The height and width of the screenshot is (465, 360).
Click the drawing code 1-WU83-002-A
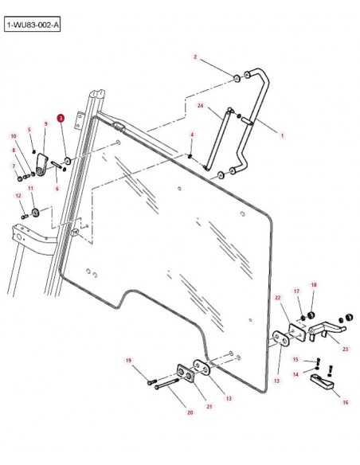(x=33, y=25)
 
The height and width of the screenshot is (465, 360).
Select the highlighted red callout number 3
(x=61, y=119)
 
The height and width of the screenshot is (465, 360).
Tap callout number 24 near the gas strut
(x=201, y=106)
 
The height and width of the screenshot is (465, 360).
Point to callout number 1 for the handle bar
(x=282, y=135)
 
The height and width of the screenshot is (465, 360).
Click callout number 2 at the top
(x=195, y=57)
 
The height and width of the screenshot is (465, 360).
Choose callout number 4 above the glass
(x=192, y=135)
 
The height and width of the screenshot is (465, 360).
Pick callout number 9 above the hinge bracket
(x=45, y=123)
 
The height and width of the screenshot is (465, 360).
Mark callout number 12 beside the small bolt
(x=18, y=196)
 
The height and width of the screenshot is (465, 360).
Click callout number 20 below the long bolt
(x=190, y=412)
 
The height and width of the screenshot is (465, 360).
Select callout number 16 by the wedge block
(x=346, y=402)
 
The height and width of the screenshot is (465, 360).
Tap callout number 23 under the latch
(x=346, y=349)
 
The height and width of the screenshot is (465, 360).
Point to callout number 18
(x=314, y=285)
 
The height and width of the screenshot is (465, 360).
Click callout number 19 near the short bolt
(x=128, y=361)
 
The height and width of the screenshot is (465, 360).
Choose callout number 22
(x=277, y=298)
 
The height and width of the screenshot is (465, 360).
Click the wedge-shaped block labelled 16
(x=322, y=382)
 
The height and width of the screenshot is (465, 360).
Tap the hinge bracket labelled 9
(x=41, y=165)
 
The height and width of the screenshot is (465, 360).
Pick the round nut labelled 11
(x=36, y=213)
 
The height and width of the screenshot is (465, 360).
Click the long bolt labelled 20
(x=166, y=383)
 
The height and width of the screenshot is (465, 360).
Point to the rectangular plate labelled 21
(x=186, y=373)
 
